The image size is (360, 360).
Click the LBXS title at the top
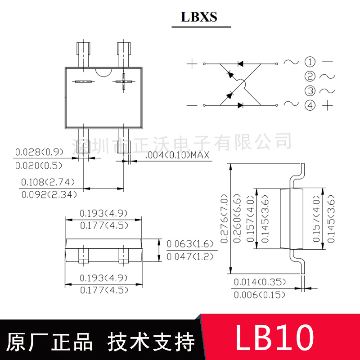(199, 17)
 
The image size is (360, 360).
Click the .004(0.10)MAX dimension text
(178, 156)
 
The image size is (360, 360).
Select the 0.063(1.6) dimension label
(188, 244)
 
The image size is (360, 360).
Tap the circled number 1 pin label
(310, 62)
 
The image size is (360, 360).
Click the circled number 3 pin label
(310, 91)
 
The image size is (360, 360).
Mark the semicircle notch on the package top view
(103, 72)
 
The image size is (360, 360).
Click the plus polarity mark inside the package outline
(124, 82)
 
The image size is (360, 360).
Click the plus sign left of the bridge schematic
(192, 63)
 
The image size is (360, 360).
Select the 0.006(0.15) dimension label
(260, 295)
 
